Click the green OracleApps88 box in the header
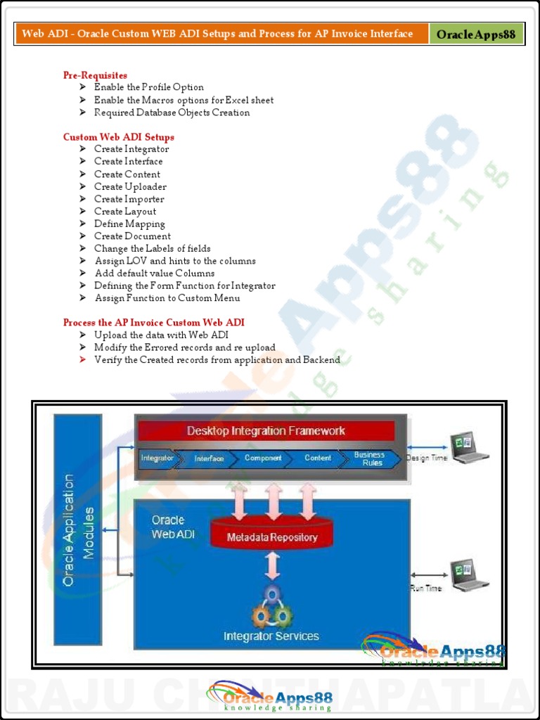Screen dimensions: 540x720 (476, 34)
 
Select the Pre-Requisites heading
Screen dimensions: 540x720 (95, 75)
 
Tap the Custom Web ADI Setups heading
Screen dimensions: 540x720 (118, 137)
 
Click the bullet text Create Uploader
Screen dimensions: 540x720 (130, 186)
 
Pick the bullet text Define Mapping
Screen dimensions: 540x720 (129, 224)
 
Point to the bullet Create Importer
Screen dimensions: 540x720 (129, 199)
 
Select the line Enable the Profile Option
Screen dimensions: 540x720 (148, 87)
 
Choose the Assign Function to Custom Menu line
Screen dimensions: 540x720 (167, 298)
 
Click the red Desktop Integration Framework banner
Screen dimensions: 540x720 (266, 431)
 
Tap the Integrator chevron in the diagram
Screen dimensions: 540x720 (157, 458)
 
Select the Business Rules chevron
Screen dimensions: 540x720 (370, 458)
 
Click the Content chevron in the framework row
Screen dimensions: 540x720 (318, 458)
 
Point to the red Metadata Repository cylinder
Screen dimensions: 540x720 (272, 536)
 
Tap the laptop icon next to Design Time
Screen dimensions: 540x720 (469, 448)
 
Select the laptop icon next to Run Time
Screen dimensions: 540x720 (469, 575)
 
